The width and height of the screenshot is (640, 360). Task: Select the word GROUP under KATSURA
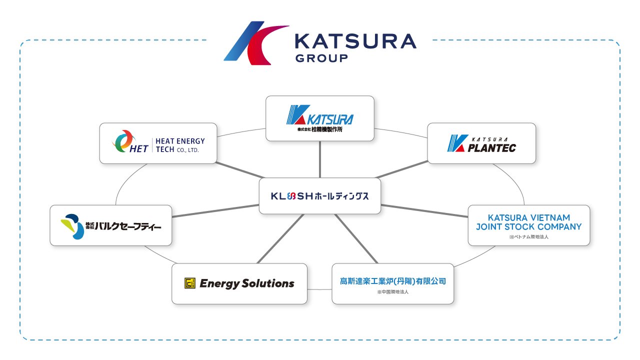click(x=321, y=58)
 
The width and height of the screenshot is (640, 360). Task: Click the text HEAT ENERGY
click(x=180, y=141)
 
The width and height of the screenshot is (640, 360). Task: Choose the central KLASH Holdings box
click(x=320, y=196)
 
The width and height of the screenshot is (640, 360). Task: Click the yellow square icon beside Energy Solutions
click(x=189, y=283)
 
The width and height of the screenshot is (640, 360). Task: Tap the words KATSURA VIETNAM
click(x=528, y=217)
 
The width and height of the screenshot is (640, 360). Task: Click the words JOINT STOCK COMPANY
click(x=528, y=226)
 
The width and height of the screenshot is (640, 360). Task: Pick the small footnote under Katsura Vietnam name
click(x=528, y=237)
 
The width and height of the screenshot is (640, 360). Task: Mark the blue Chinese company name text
click(x=393, y=281)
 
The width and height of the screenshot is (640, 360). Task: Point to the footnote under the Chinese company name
click(x=393, y=291)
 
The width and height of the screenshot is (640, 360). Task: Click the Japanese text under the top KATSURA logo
click(x=320, y=130)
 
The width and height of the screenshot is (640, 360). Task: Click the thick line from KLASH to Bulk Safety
click(x=215, y=210)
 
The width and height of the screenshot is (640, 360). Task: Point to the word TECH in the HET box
click(x=165, y=149)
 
